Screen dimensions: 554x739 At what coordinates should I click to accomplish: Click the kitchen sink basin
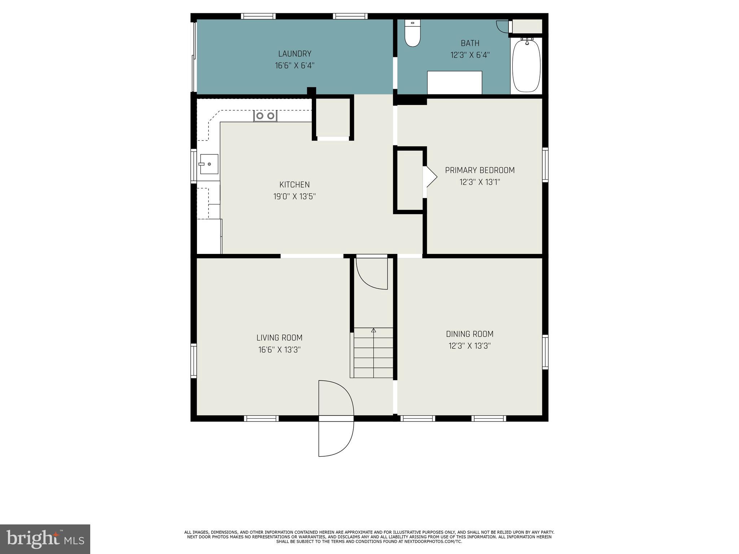(x=209, y=164)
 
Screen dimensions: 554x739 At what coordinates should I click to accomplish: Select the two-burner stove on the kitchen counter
(x=265, y=116)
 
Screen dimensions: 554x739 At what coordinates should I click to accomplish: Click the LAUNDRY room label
(x=294, y=54)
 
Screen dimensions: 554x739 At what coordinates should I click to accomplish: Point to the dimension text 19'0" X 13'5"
(x=294, y=197)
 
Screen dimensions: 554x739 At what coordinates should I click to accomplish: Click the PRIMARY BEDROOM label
(x=480, y=170)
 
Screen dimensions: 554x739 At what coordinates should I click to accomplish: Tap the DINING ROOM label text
(x=469, y=334)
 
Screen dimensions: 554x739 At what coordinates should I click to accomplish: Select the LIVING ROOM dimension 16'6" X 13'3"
(x=279, y=350)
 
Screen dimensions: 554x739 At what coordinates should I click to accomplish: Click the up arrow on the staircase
(x=373, y=330)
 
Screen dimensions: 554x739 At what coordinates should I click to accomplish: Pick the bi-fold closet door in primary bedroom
(x=430, y=177)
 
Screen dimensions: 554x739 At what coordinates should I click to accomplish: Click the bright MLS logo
(x=45, y=539)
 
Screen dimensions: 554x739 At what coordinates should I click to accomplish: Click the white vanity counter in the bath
(x=454, y=83)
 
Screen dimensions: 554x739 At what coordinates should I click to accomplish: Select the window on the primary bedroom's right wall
(x=545, y=165)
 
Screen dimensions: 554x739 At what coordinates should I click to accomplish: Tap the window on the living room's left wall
(x=194, y=361)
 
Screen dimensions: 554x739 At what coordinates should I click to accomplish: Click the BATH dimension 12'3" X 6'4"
(x=470, y=55)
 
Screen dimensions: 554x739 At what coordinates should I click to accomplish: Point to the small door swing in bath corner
(x=503, y=26)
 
